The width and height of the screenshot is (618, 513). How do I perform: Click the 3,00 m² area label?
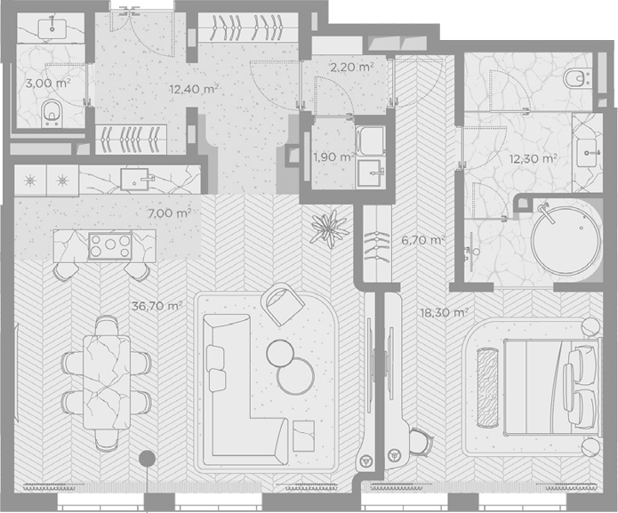point(48,84)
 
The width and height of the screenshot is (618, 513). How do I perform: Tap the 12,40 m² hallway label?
point(194,89)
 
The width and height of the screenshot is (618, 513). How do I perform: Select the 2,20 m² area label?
point(352,68)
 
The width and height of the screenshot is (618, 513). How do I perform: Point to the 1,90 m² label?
point(333,157)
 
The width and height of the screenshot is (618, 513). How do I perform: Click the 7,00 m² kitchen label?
point(169,213)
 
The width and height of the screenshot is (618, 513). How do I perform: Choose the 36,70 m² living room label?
point(157,306)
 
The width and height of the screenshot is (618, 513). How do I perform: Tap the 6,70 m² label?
point(423,240)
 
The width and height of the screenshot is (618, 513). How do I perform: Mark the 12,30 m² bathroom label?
point(533,159)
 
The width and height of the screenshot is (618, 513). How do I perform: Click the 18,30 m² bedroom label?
point(445,313)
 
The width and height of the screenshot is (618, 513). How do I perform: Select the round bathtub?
point(566,242)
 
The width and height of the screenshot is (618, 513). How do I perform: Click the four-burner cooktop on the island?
point(110,246)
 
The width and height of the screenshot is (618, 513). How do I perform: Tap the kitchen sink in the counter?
point(135,180)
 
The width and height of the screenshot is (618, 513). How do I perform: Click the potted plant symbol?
point(329,229)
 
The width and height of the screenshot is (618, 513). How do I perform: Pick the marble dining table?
point(107,382)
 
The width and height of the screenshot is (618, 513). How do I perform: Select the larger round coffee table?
point(295,376)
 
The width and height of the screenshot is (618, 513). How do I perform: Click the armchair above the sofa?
point(283,303)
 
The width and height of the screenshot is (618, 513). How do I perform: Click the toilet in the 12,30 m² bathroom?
point(576,80)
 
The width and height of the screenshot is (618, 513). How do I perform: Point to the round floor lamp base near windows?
point(148,458)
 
